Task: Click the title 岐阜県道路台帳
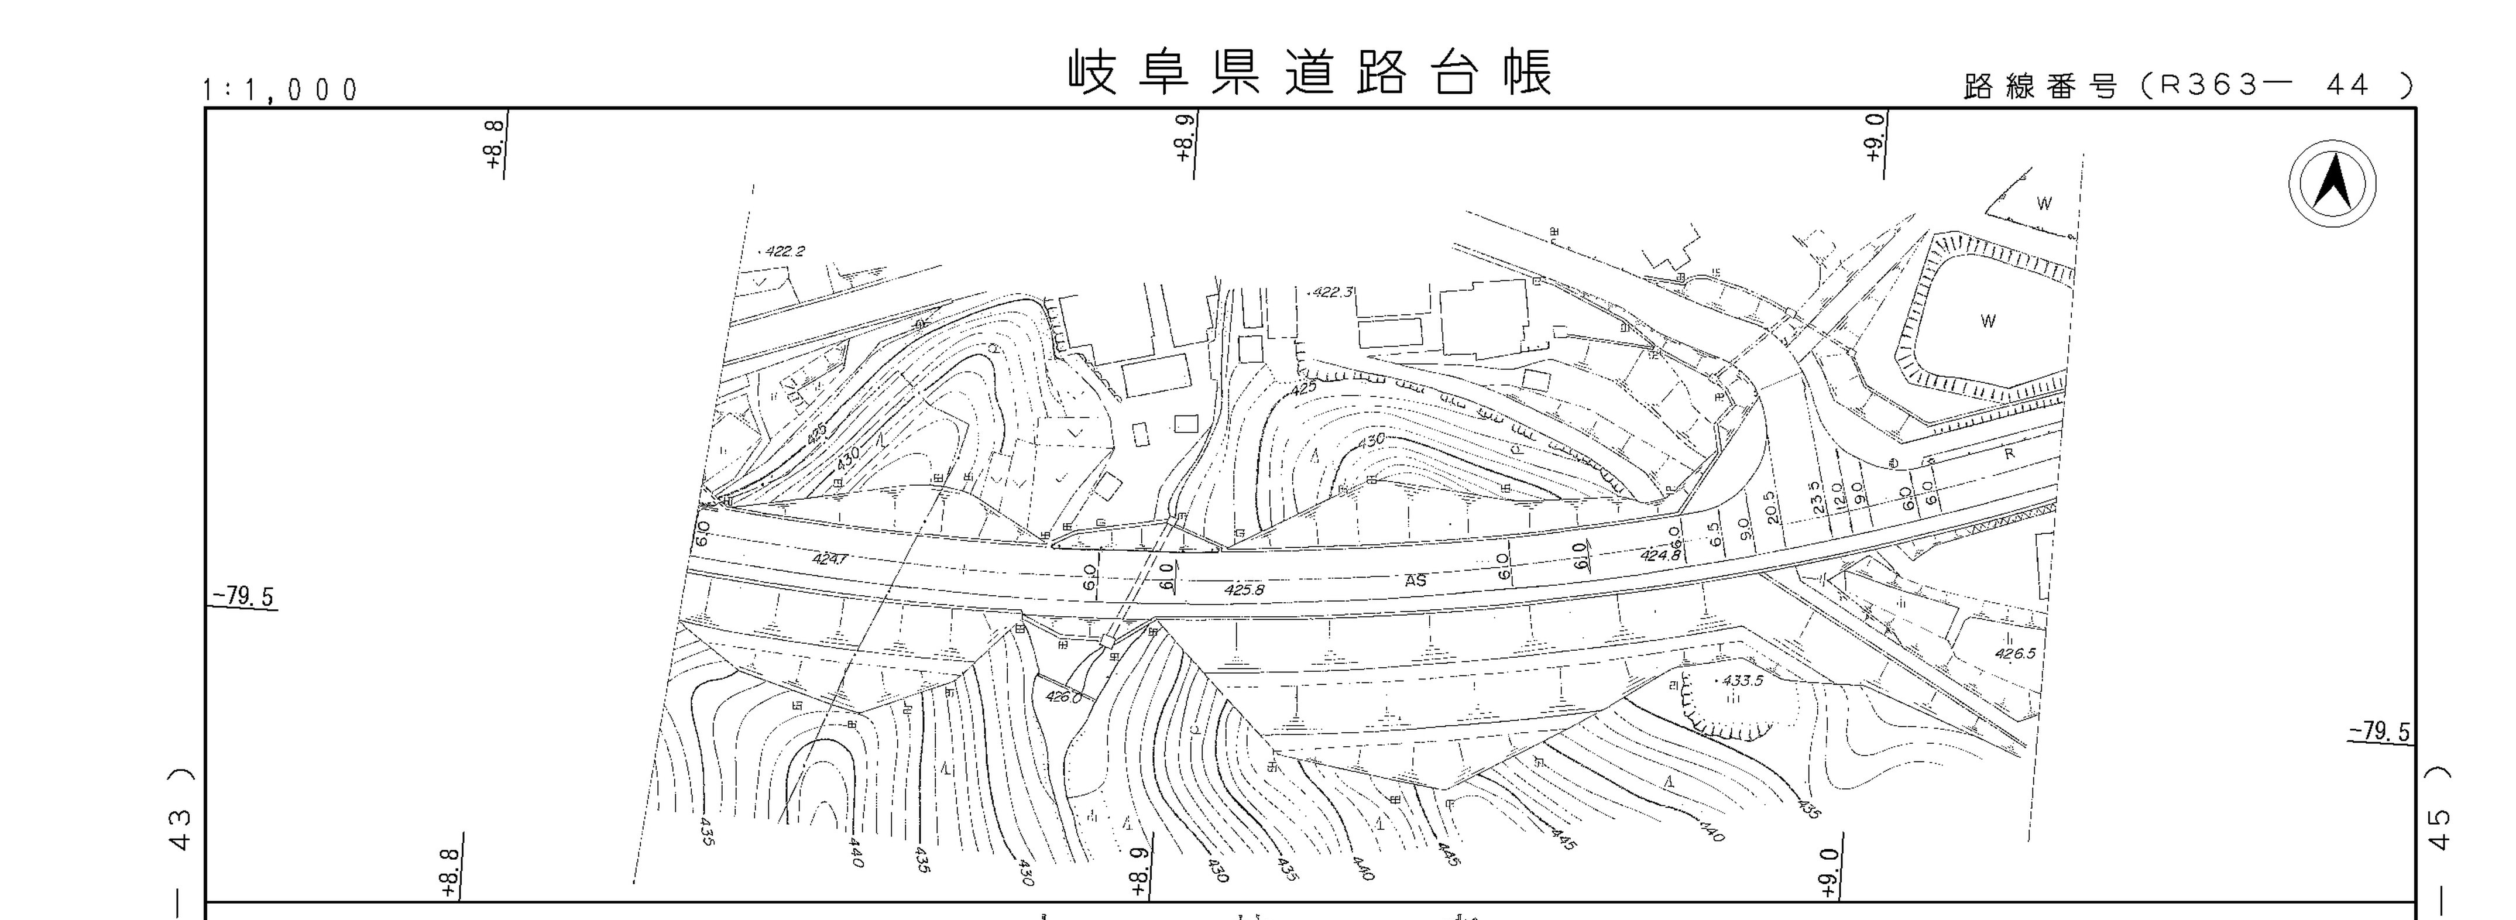[1309, 73]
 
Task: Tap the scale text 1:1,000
[282, 91]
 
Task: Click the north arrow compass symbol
[2332, 184]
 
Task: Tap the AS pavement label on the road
[1415, 580]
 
